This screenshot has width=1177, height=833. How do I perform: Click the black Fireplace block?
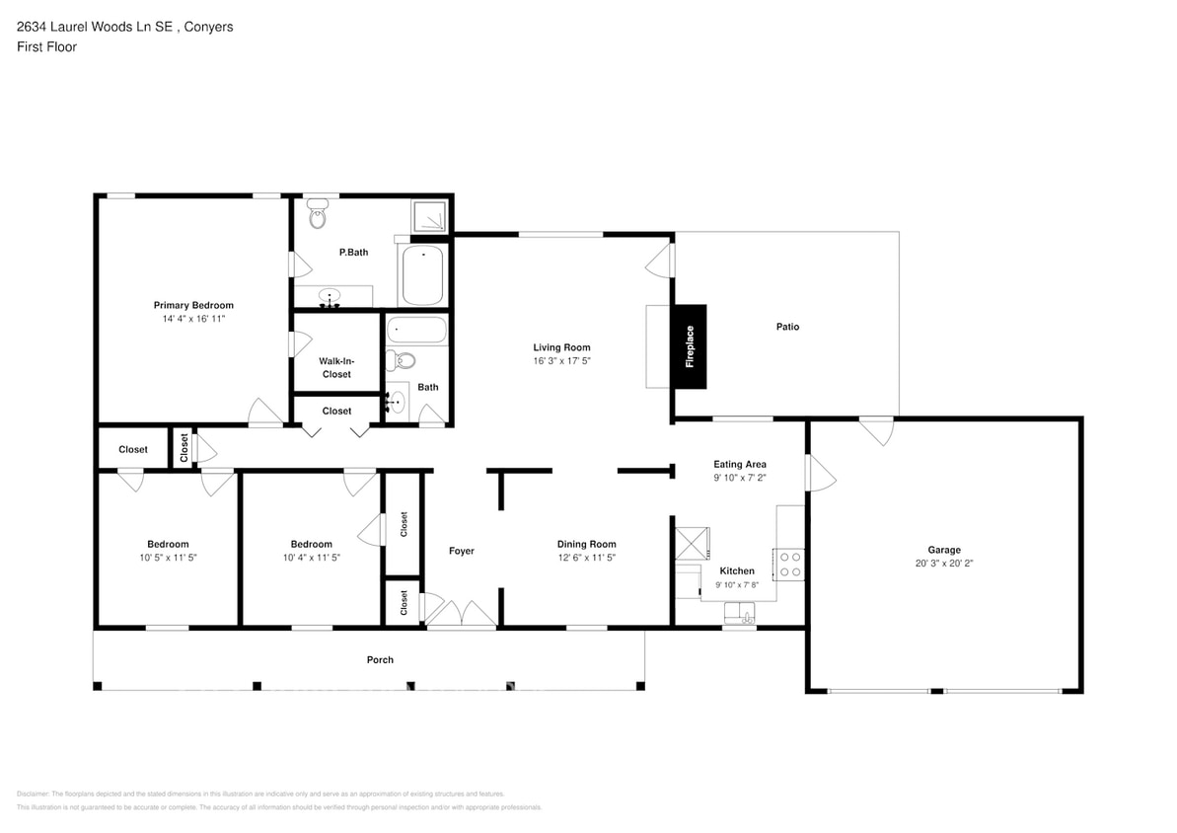coord(690,346)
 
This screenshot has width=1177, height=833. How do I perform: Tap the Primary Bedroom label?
coord(193,305)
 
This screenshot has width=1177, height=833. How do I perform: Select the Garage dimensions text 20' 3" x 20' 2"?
coord(943,564)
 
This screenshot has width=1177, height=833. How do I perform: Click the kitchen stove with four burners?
coord(790,564)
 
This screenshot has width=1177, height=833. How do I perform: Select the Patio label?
coord(786,327)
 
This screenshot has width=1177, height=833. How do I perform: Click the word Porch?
coord(380,659)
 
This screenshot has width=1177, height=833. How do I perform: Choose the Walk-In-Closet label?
coord(336,368)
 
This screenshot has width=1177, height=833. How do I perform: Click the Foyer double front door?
coord(461,613)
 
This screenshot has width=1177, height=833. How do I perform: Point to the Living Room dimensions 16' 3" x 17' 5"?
coord(561,361)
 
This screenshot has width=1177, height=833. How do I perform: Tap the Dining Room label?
coord(586,544)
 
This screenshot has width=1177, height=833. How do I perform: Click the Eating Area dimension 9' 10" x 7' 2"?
coord(740,477)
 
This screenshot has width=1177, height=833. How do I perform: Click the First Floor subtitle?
coord(46,46)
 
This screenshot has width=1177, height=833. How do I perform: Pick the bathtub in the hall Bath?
coord(415,329)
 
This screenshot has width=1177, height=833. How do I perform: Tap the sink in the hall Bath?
coord(396,402)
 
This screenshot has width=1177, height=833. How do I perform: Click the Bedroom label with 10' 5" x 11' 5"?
coord(168,544)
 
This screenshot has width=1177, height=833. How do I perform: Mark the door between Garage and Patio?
coord(875,429)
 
